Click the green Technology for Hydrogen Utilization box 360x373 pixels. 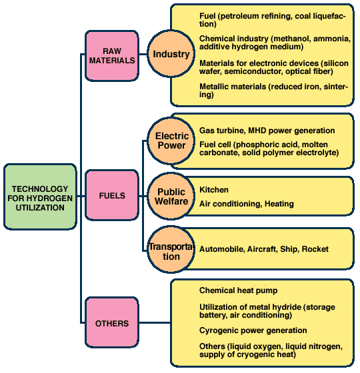[x=40, y=197]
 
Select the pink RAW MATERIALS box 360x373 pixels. [x=112, y=56]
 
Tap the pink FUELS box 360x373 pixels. [x=112, y=195]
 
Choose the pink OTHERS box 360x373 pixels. [x=112, y=323]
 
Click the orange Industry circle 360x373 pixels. [x=171, y=54]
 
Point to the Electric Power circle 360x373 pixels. [x=171, y=141]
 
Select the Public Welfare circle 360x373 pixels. [x=171, y=196]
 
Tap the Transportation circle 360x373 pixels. [x=171, y=250]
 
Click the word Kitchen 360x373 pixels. [x=214, y=190]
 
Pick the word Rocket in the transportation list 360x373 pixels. [x=315, y=249]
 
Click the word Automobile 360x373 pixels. [x=222, y=249]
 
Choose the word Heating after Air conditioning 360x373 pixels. [x=279, y=204]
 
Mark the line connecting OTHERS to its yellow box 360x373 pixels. [x=155, y=322]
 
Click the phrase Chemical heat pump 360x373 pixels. [x=239, y=290]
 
